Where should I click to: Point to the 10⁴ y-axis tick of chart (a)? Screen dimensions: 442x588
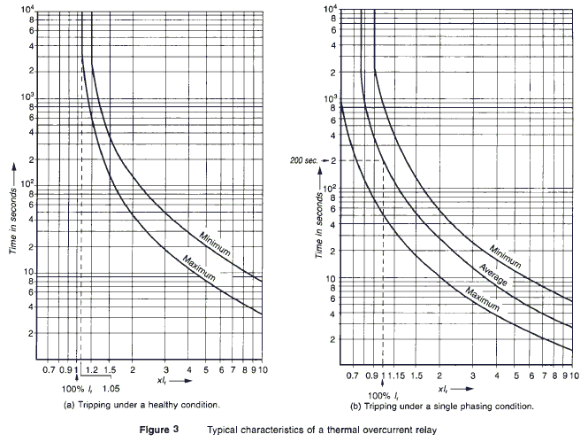(x=27, y=12)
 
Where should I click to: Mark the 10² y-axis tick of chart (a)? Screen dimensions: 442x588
(x=27, y=183)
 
